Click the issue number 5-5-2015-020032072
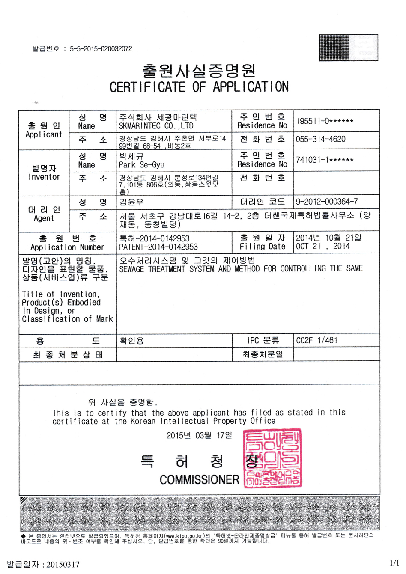101,49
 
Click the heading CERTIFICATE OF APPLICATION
199,87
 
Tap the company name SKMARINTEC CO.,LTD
156,126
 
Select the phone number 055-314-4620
320,139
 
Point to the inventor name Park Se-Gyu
142,165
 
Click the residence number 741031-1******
325,160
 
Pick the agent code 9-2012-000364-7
327,202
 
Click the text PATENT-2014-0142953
158,247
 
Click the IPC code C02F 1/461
317,340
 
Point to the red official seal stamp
272,458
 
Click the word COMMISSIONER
199,480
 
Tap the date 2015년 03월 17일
199,435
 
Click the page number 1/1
394,563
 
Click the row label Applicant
44,134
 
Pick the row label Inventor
44,177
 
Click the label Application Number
67,247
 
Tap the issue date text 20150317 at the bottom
63,565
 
